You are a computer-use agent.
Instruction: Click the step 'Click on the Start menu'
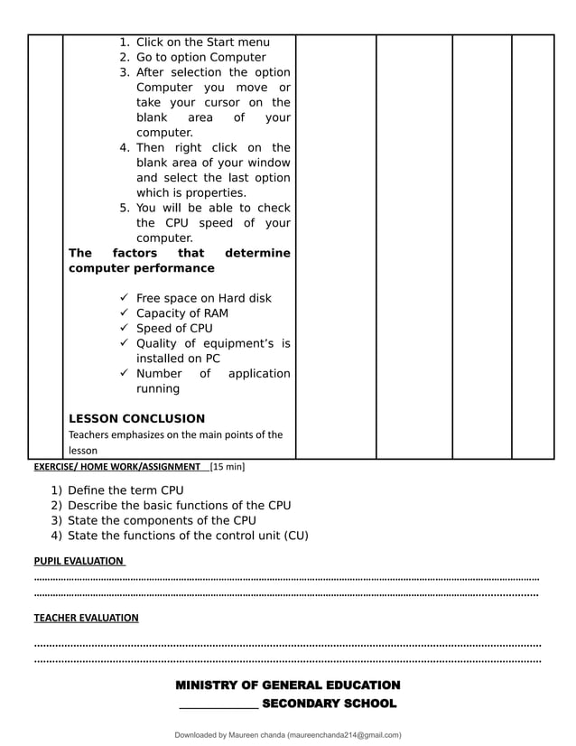[202, 42]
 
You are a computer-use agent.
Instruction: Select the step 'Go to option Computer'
[200, 57]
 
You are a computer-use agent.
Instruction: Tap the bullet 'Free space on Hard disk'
[203, 298]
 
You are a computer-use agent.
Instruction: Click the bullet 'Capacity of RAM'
[181, 313]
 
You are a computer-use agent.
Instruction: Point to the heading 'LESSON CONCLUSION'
[136, 418]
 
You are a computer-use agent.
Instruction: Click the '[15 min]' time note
[227, 467]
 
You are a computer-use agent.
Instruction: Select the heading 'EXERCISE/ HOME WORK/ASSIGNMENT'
[117, 467]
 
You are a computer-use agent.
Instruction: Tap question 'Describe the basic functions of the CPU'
[179, 506]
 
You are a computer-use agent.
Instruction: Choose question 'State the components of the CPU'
[162, 520]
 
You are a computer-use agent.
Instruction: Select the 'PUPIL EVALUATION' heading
[79, 560]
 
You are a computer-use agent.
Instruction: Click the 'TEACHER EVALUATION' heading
[86, 618]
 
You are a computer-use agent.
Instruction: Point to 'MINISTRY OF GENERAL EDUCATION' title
[287, 685]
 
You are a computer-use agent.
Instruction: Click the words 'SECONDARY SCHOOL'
[329, 704]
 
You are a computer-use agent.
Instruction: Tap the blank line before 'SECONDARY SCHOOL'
[218, 705]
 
